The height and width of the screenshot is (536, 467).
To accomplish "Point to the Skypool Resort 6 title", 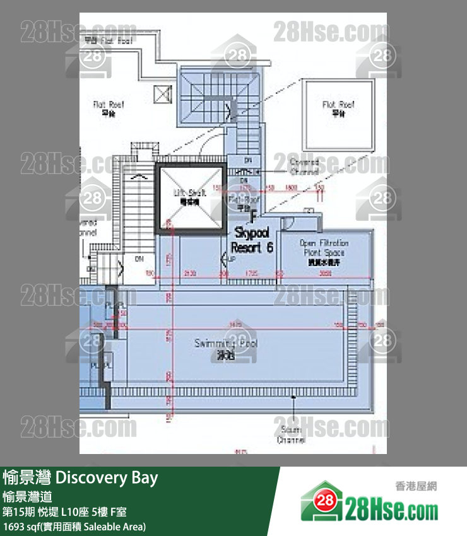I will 252,240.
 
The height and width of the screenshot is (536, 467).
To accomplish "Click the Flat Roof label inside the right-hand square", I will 338,108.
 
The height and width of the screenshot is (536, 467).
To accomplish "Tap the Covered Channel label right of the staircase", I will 304,166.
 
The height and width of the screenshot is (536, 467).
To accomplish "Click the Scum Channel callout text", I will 291,434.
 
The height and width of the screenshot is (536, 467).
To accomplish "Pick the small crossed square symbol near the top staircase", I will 162,94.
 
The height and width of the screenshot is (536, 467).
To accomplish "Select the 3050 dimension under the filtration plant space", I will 325,274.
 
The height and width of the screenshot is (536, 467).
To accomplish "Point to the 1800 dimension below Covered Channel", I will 291,187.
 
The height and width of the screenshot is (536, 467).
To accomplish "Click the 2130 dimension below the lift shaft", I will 189,274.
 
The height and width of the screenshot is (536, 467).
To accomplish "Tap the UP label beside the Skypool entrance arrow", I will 232,259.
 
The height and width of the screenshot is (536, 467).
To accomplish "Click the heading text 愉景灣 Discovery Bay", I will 80,477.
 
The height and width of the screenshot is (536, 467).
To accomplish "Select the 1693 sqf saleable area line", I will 74,526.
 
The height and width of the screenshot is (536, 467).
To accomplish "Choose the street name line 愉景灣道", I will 27,497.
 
